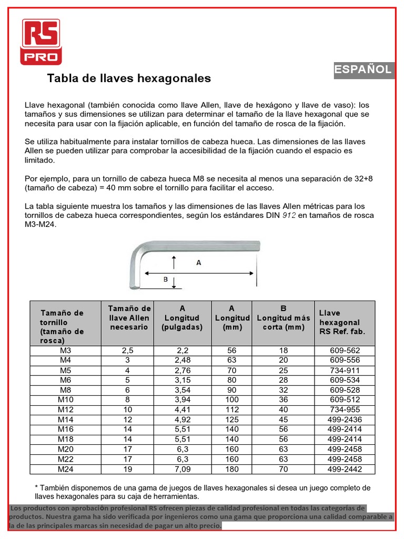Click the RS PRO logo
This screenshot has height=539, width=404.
(x=41, y=42)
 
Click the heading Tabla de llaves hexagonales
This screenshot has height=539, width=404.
(x=129, y=78)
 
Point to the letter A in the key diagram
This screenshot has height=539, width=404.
(x=199, y=263)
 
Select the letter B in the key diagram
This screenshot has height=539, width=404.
(x=165, y=280)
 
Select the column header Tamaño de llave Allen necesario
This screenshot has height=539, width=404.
(x=129, y=317)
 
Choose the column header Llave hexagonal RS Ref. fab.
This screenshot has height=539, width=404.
(x=342, y=322)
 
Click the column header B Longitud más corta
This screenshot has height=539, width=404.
(x=283, y=317)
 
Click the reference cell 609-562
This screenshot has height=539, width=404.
(x=345, y=350)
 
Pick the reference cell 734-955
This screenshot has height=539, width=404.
(x=345, y=410)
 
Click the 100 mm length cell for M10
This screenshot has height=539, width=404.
(x=231, y=400)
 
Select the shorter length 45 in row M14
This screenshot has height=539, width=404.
(x=283, y=420)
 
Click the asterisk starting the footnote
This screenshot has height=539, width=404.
(x=37, y=488)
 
